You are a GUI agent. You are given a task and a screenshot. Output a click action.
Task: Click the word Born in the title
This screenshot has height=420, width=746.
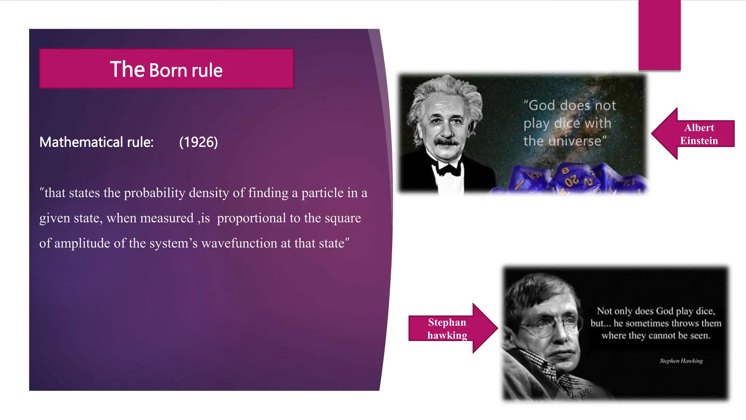click(168, 70)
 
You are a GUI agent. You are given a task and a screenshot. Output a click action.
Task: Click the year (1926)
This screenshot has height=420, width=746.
click(198, 142)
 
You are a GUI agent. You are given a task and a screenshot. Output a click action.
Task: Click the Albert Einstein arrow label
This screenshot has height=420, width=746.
click(699, 134)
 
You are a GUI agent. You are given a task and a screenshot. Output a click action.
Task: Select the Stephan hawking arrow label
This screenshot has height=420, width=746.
click(447, 328)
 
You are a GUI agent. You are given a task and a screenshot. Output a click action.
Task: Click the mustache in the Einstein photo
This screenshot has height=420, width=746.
click(447, 141)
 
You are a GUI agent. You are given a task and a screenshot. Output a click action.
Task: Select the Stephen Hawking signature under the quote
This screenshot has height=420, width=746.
click(681, 361)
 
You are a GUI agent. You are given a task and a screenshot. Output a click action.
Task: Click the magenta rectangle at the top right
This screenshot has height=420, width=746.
click(659, 35)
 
